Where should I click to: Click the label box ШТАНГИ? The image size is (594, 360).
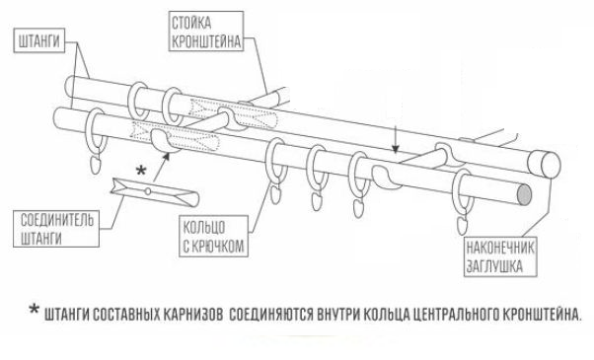tap(39, 40)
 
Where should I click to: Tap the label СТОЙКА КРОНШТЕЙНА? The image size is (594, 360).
tap(205, 31)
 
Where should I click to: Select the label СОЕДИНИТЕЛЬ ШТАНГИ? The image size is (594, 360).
tap(56, 229)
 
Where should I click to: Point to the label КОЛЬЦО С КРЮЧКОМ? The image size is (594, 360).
tap(214, 236)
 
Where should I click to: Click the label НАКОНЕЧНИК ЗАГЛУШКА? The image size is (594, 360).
tap(500, 256)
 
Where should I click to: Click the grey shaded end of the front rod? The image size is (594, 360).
tap(524, 194)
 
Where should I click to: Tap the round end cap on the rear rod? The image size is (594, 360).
tap(550, 165)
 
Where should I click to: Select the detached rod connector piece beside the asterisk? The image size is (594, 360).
tap(155, 192)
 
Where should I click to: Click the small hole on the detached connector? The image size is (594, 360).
tap(148, 191)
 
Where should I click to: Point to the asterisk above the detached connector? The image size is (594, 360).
tap(141, 171)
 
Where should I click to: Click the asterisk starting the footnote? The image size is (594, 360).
tap(35, 310)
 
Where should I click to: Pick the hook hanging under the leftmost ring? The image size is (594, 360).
tap(96, 164)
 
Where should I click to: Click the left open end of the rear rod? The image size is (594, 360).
tap(69, 87)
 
